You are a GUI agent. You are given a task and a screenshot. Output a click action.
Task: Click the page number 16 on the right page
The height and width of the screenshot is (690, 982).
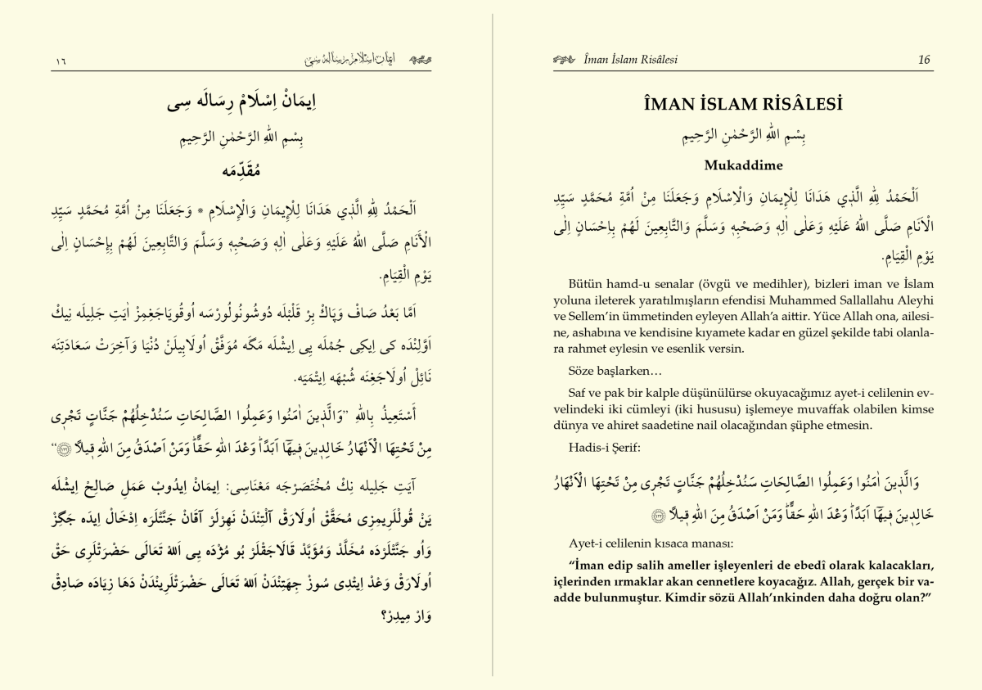tap(924, 60)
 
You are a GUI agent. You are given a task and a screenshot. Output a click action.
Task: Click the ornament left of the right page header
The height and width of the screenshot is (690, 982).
tap(564, 60)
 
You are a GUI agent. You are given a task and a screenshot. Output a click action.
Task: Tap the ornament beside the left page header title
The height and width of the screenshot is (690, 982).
tap(419, 60)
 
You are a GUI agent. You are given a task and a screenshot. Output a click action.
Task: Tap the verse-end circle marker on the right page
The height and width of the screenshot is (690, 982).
tap(634, 516)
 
